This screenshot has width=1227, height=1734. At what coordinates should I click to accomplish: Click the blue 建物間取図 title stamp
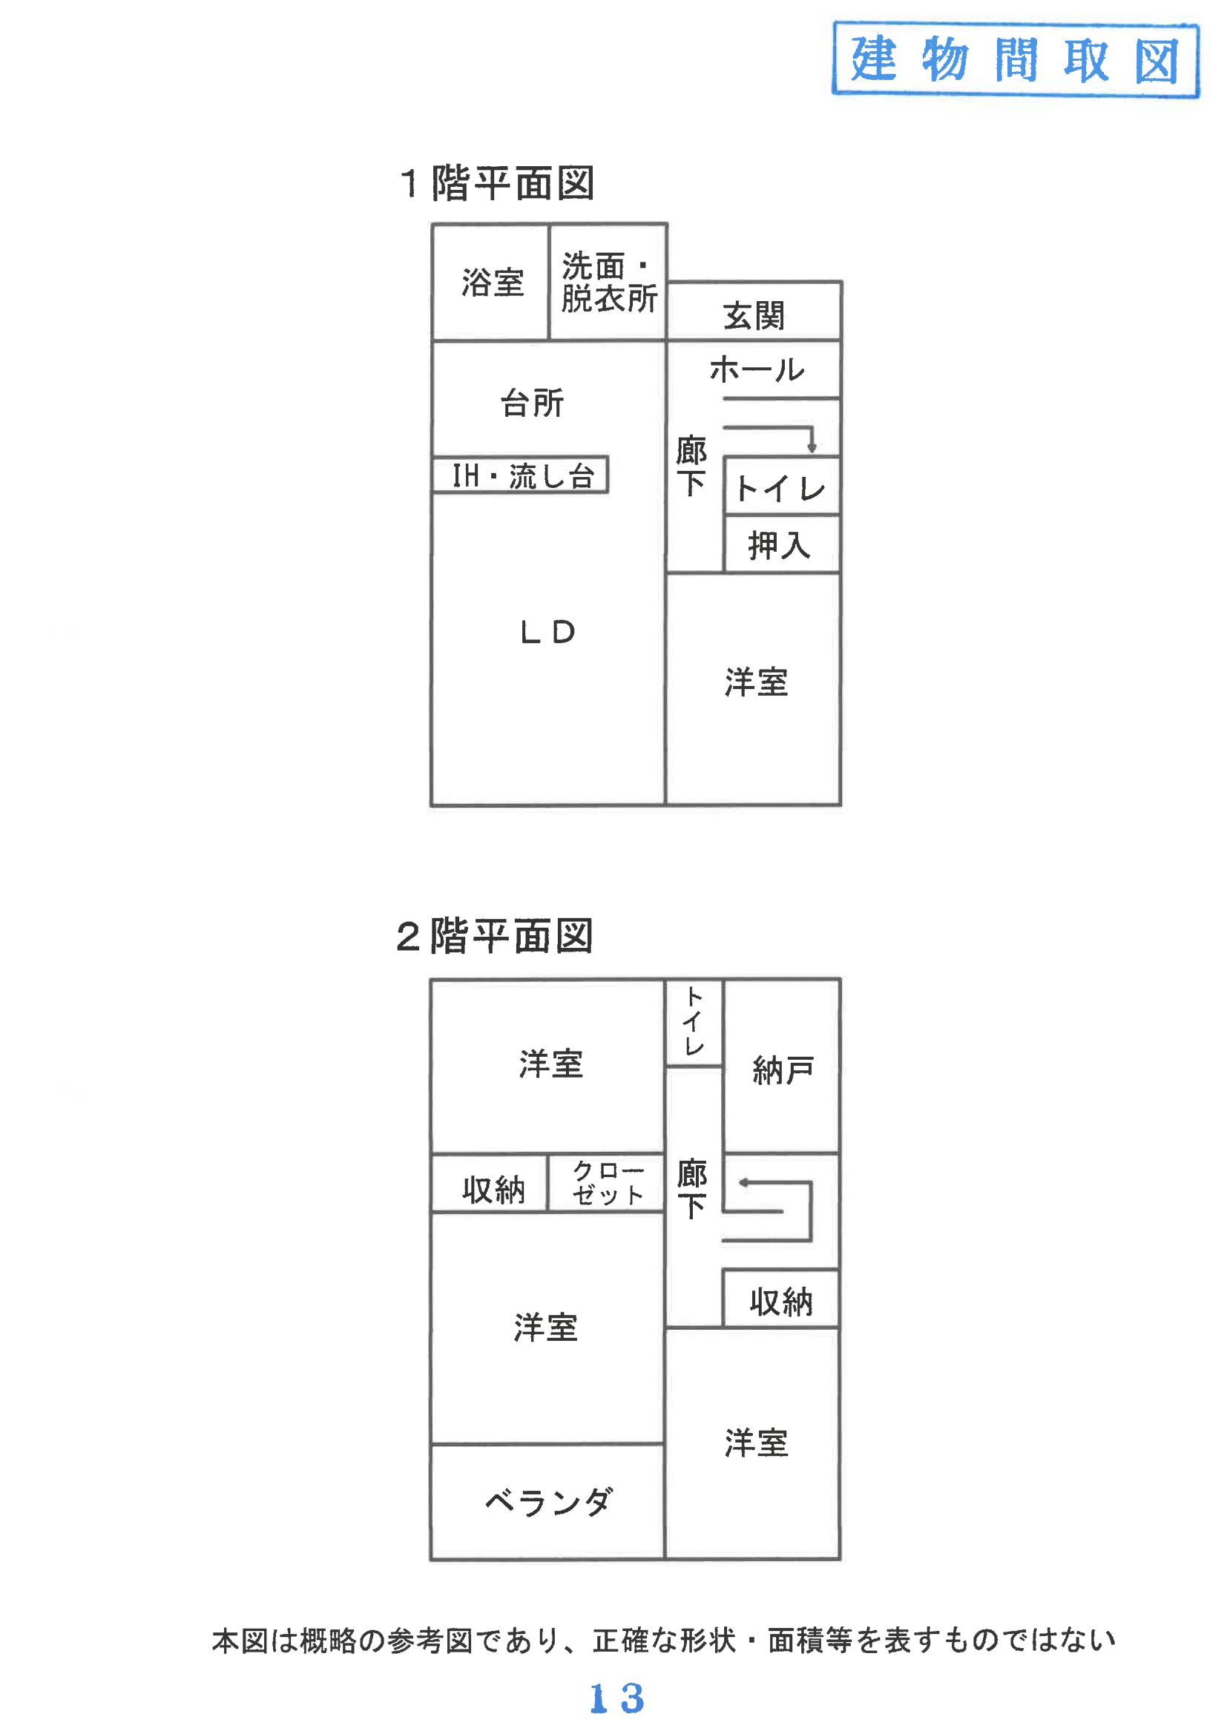tap(1015, 59)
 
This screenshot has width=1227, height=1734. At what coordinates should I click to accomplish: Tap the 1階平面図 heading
tap(496, 183)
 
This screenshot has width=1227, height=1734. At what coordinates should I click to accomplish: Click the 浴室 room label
tap(493, 283)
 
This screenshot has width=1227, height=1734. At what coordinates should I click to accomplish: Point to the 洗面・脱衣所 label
tap(608, 283)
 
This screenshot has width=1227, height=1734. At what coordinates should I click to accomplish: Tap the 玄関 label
tap(753, 316)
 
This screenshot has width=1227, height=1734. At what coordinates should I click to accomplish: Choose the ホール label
tap(756, 370)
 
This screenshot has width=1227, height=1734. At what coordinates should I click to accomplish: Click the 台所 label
tap(532, 403)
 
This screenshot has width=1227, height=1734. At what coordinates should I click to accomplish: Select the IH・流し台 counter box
tap(521, 476)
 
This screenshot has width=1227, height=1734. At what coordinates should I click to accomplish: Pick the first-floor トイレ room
tap(781, 487)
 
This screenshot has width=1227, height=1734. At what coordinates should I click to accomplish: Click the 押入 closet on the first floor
tap(780, 545)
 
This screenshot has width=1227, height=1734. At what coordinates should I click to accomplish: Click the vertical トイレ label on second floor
tap(694, 1023)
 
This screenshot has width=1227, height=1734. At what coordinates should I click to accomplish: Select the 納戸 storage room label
tap(783, 1071)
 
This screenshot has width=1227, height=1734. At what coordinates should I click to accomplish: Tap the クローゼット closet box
tap(607, 1184)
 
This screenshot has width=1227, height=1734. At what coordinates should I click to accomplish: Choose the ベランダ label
tap(547, 1502)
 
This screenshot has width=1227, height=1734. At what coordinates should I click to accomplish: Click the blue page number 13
tap(616, 1698)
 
